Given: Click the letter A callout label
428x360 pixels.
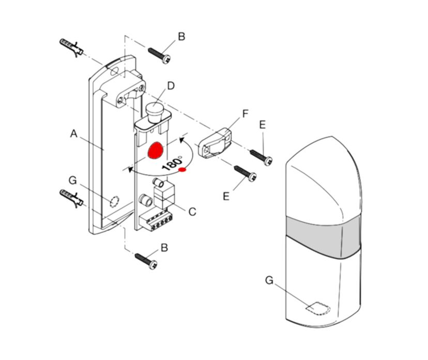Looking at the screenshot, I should click(x=73, y=133).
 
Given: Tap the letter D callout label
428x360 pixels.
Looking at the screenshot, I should click(x=171, y=85).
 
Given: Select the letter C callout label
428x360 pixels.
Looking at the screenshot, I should click(x=192, y=211).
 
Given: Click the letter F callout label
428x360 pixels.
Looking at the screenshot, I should click(x=246, y=112).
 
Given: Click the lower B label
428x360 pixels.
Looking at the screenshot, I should click(x=164, y=248).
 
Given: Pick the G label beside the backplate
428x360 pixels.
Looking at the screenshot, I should click(x=72, y=180).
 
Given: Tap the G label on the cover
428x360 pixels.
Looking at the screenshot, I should click(x=269, y=280).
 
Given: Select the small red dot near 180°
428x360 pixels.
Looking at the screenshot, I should click(x=182, y=170).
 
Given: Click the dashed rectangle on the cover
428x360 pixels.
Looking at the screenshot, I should click(x=317, y=308).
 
